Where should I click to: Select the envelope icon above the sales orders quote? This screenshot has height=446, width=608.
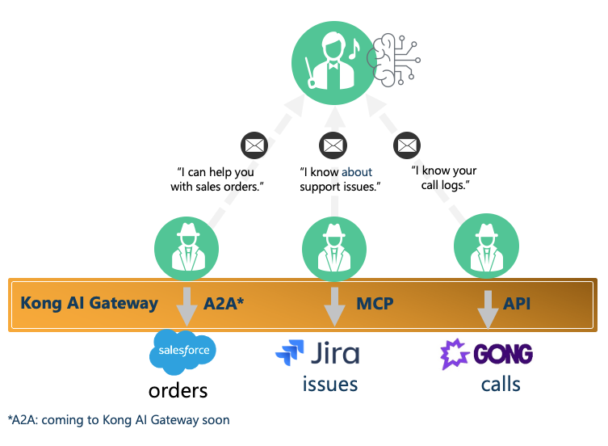(x=254, y=146)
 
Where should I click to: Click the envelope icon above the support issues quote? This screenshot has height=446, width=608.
(x=333, y=146)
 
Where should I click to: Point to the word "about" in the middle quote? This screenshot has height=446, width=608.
(x=356, y=172)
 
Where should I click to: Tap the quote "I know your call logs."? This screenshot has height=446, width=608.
(x=443, y=179)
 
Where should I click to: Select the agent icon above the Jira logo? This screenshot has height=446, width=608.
(x=333, y=246)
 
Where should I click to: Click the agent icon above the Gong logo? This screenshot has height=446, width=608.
(x=486, y=246)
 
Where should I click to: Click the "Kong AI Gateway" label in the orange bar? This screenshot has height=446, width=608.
(x=89, y=304)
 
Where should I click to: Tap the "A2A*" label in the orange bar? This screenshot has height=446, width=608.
(x=225, y=304)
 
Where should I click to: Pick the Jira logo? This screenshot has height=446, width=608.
(x=317, y=352)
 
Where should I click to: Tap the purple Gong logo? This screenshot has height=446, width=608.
(x=486, y=354)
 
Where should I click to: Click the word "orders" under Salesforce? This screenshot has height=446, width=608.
(x=178, y=391)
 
